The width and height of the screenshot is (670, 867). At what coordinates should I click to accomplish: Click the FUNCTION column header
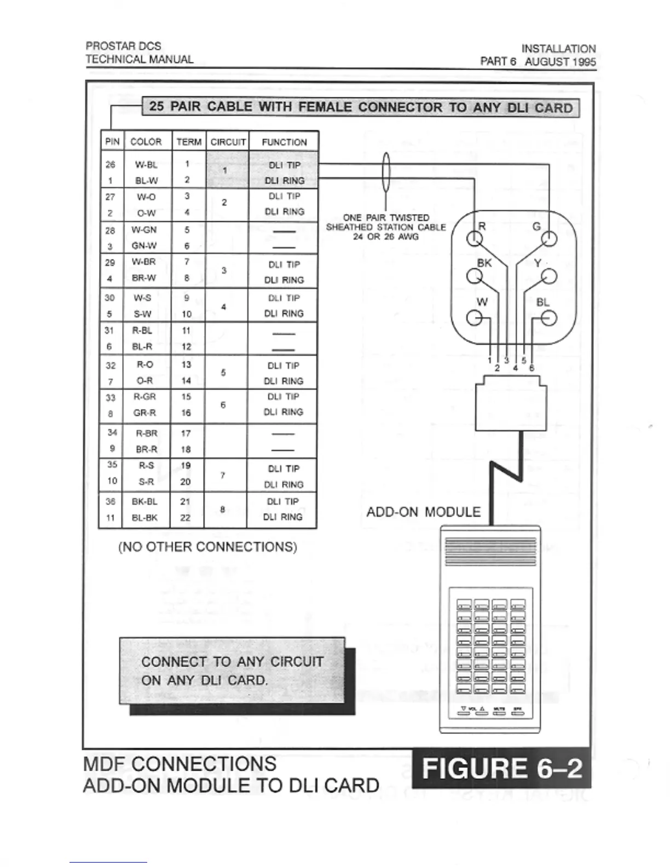pos(284,142)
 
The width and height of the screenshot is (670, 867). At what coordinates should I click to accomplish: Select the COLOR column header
pos(146,142)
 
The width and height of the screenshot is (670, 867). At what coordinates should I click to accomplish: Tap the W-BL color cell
pos(146,165)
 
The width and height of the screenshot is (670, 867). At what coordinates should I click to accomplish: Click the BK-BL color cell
pos(145,501)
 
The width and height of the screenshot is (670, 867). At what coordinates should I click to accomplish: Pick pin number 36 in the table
pos(111,501)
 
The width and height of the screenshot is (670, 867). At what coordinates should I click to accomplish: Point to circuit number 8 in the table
pos(223,510)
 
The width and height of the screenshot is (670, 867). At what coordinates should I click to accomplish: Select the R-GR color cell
pos(145,397)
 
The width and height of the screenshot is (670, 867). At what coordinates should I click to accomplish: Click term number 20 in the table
pos(186,482)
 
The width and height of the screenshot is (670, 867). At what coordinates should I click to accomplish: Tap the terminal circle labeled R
pos(474,239)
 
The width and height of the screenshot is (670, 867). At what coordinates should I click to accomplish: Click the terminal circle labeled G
pos(548,239)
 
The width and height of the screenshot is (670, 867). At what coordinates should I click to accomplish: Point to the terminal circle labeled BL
pos(548,318)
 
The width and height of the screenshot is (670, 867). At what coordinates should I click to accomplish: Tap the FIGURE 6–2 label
pos(501,768)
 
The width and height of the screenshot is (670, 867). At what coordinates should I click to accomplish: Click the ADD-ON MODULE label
pos(423,512)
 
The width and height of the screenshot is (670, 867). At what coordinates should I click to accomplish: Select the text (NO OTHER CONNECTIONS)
pos(207,547)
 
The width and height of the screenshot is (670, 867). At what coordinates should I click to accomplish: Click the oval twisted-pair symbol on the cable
pos(386,172)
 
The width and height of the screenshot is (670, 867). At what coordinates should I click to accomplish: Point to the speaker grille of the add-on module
pos(490,552)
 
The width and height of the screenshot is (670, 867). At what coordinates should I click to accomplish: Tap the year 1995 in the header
pos(582,61)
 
